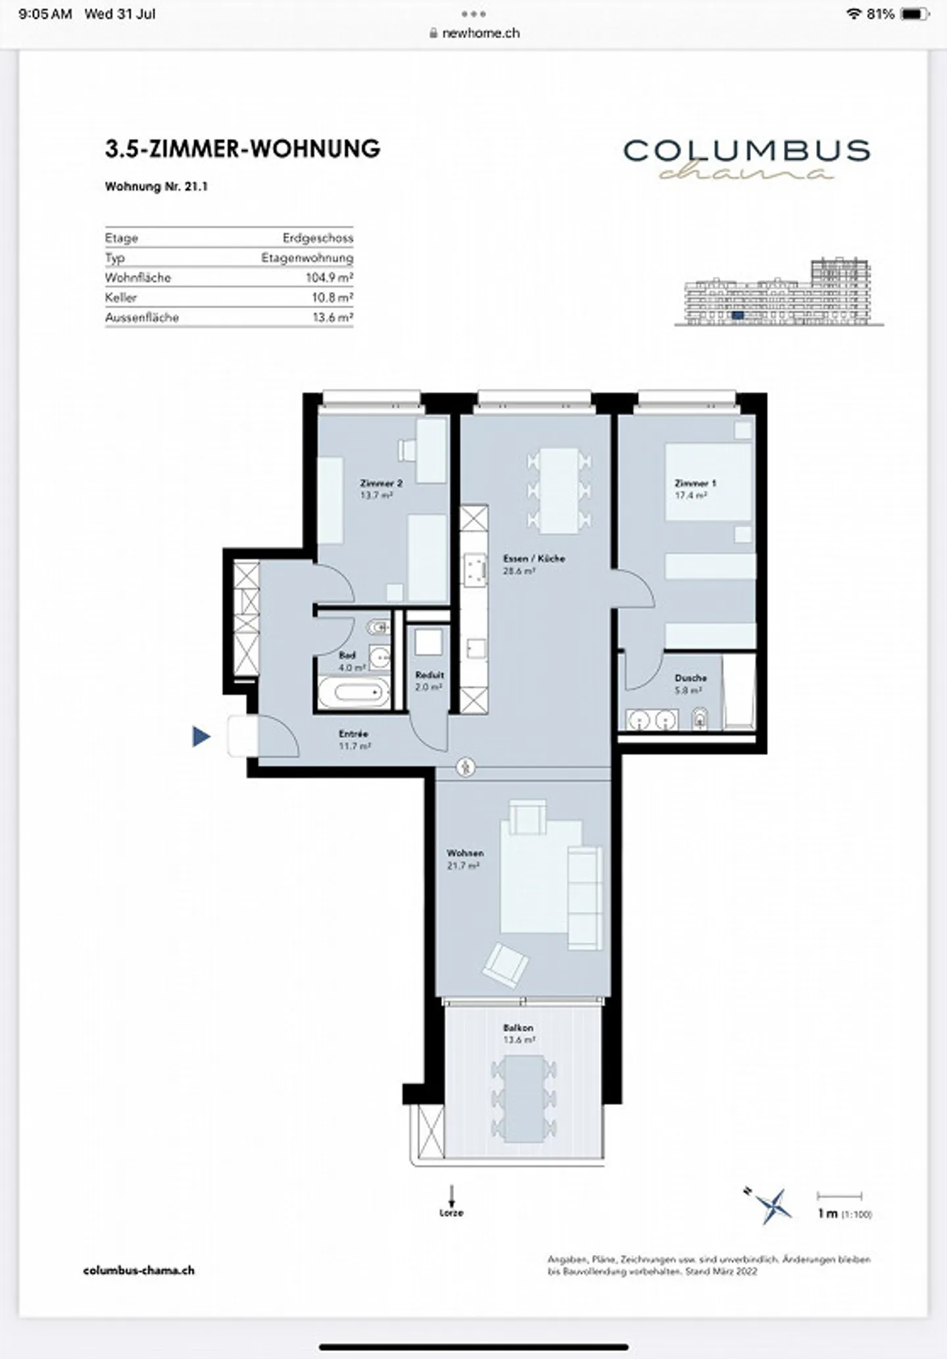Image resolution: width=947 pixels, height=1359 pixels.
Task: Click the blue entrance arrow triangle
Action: click(201, 736)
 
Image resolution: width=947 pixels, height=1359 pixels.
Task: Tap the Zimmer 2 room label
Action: click(381, 483)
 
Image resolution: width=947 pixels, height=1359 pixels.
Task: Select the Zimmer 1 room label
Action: click(695, 483)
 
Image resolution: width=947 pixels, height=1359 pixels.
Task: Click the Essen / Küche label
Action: click(533, 558)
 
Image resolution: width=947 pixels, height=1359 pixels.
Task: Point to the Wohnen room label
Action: click(465, 853)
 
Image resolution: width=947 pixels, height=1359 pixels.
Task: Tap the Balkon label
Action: click(518, 1027)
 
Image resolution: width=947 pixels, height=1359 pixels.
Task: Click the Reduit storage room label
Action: click(429, 675)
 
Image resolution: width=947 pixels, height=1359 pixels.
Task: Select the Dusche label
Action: click(691, 678)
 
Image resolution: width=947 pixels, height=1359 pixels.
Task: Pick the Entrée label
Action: click(353, 734)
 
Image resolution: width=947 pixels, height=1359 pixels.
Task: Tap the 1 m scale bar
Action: click(839, 1196)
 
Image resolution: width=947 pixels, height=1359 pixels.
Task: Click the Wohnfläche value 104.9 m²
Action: click(329, 278)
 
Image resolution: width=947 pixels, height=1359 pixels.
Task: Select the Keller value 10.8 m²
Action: click(332, 297)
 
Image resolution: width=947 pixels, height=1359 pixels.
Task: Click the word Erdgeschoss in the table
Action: click(318, 238)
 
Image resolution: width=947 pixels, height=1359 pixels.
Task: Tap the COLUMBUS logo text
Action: click(746, 151)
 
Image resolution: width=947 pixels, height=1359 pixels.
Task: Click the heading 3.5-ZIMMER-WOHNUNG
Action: click(243, 149)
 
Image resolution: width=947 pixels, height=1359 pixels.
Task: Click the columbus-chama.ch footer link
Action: click(139, 1270)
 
